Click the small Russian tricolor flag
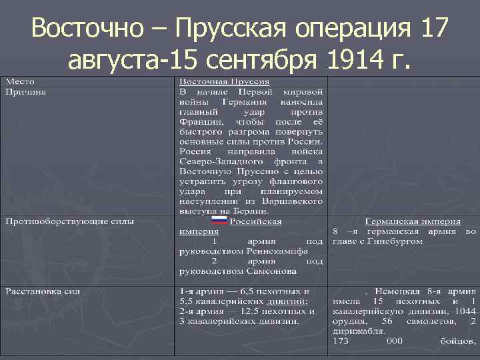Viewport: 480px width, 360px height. [x=219, y=221]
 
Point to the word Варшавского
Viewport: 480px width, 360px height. [x=295, y=199]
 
